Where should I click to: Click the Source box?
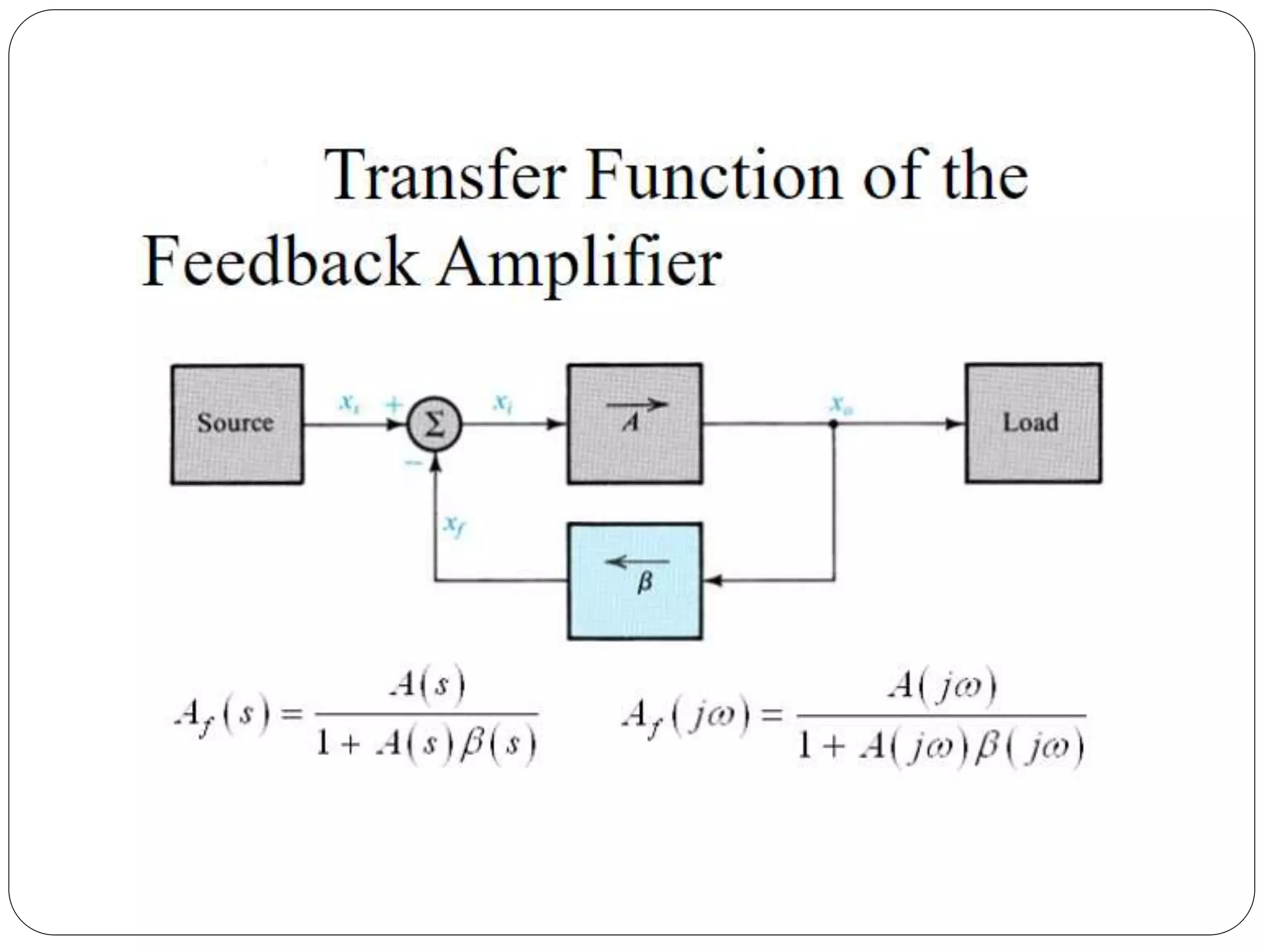(x=237, y=424)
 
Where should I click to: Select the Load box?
(x=1033, y=423)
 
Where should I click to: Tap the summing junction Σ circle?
(x=434, y=425)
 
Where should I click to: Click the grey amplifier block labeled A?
(x=634, y=423)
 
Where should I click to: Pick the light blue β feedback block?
(x=634, y=581)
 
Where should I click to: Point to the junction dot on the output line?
(x=834, y=424)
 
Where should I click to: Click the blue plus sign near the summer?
(x=393, y=405)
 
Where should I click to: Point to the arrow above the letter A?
(x=637, y=405)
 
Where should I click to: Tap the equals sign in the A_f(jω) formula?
(x=771, y=716)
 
